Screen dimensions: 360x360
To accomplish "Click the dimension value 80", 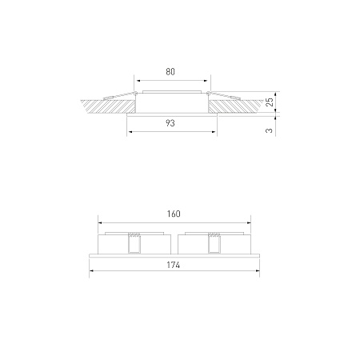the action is pos(170,72).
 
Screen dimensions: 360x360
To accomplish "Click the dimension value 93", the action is pos(170,123).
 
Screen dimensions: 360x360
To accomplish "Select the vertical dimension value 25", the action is pos(270,102).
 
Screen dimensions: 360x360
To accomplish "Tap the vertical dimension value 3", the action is pos(270,130).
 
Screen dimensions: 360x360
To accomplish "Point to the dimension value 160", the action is pos(174,214).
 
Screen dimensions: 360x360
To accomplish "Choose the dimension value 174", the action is pos(174,265).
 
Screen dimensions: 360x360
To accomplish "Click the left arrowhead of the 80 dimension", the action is pos(136,80).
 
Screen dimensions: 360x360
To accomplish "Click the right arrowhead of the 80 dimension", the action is pos(206,80).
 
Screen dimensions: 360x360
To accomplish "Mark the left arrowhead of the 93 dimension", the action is pos(130,131).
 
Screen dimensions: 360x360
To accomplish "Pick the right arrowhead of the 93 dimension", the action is pos(214,131).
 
